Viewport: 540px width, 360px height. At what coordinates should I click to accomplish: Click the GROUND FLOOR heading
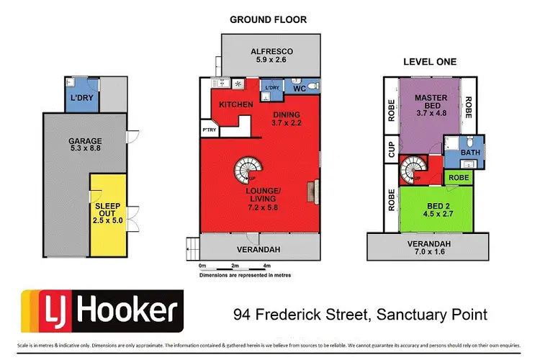click(x=268, y=20)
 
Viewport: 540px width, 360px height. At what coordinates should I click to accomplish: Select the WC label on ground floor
click(x=299, y=89)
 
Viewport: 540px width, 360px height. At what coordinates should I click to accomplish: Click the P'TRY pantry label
click(x=210, y=130)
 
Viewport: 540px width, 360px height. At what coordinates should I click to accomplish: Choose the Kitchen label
click(x=235, y=105)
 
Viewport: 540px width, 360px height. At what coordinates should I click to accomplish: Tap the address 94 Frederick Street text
click(x=360, y=315)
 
